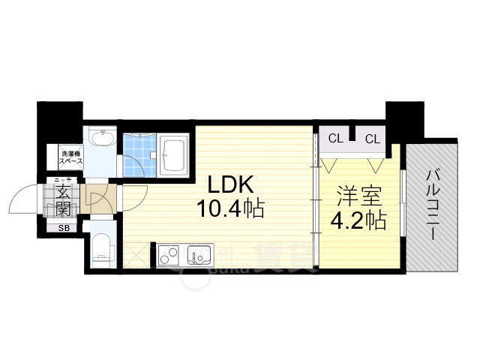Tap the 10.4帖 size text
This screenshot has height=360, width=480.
pyautogui.click(x=230, y=209)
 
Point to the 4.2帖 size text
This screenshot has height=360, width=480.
pyautogui.click(x=359, y=220)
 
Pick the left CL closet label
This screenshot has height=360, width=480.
pyautogui.click(x=335, y=138)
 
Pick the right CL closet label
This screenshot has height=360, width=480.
pyautogui.click(x=373, y=138)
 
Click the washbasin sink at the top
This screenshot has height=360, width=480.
pyautogui.click(x=100, y=139)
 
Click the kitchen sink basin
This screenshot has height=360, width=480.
pyautogui.click(x=199, y=256)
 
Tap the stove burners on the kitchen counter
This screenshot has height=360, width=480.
pyautogui.click(x=167, y=256)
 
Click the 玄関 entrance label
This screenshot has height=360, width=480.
pyautogui.click(x=61, y=199)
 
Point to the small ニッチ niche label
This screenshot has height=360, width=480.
pyautogui.click(x=61, y=179)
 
